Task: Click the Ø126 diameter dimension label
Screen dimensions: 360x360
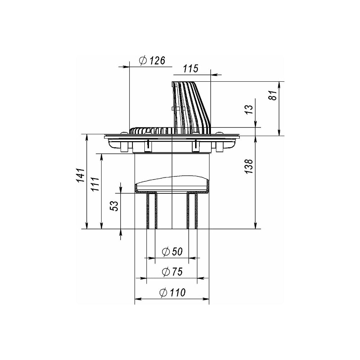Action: pyautogui.click(x=152, y=60)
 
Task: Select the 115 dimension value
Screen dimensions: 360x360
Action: pyautogui.click(x=190, y=69)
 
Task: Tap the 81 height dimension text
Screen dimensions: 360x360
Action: pyautogui.click(x=273, y=95)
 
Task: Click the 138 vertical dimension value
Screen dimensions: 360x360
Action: pyautogui.click(x=249, y=166)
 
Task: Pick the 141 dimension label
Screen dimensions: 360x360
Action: pyautogui.click(x=81, y=175)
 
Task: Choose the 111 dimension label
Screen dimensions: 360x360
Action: pyautogui.click(x=95, y=184)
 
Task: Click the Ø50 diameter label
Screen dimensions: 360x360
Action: pyautogui.click(x=172, y=252)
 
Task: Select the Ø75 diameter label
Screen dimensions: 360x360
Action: pyautogui.click(x=172, y=272)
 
